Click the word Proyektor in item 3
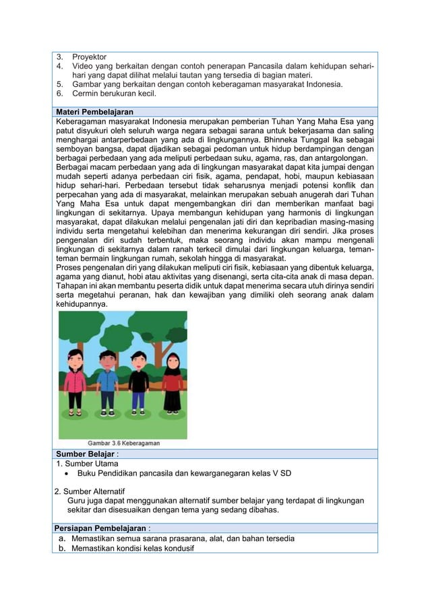[89, 57]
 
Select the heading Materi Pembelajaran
[94, 112]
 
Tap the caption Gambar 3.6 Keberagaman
[125, 443]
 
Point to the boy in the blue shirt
[107, 384]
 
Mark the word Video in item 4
[83, 67]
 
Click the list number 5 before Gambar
[59, 84]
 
